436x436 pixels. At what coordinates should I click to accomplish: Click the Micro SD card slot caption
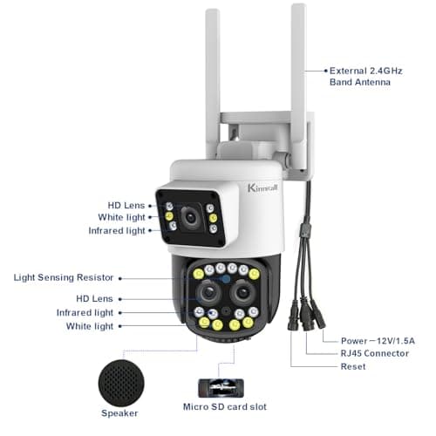(224, 406)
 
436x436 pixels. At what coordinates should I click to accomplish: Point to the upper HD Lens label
(126, 205)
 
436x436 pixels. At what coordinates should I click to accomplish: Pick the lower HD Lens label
(95, 298)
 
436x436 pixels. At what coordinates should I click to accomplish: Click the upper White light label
(121, 217)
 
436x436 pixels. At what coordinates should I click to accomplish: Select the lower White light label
(90, 326)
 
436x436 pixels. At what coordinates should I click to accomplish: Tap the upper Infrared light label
(117, 230)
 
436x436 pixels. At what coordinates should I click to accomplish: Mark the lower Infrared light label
(85, 312)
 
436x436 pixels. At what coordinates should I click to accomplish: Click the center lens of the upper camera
(189, 215)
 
